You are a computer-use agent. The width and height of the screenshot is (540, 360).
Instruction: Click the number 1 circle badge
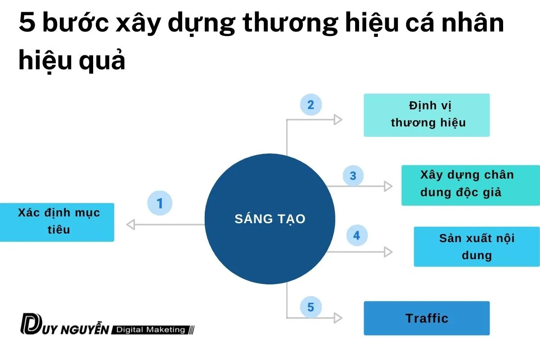point(160,203)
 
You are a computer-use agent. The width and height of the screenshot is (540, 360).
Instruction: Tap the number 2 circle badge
point(310,105)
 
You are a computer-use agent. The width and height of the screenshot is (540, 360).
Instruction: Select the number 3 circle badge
point(353,176)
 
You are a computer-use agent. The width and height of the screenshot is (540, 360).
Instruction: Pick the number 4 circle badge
point(356,235)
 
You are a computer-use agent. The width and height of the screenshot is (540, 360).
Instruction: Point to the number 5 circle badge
point(310,307)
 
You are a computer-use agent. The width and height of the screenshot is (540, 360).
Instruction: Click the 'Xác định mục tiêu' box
point(57,222)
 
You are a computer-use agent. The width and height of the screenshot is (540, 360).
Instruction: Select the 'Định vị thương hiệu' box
point(427,115)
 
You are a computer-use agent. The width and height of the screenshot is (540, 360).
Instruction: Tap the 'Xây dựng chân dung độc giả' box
point(470,185)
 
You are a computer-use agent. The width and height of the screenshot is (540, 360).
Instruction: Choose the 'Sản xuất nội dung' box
point(477,247)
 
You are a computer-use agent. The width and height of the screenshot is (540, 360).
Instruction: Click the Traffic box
point(427,318)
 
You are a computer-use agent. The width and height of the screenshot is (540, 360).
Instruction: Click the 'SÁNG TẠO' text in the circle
point(270,219)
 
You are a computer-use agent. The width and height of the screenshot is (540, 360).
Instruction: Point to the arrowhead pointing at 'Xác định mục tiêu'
point(131,225)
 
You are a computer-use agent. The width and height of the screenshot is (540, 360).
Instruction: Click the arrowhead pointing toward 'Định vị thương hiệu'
point(337,120)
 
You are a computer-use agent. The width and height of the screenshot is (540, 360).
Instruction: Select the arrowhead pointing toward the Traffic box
point(337,318)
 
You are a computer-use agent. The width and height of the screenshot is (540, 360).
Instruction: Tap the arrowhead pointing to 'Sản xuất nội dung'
point(388,252)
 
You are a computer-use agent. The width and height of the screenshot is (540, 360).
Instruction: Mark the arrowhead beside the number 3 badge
point(388,186)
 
